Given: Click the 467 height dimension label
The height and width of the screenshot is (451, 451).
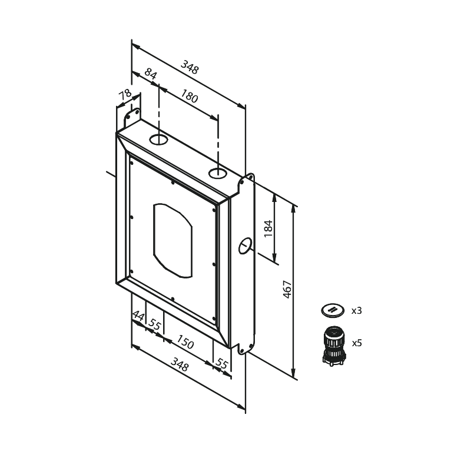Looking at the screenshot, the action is (x=287, y=289).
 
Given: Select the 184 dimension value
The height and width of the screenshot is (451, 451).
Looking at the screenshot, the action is (x=268, y=228).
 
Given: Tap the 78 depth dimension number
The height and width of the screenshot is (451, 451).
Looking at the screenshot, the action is (x=125, y=94).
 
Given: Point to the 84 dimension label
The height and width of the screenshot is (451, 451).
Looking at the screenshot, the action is (x=151, y=74).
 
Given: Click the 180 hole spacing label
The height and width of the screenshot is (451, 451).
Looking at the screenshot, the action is (x=189, y=96).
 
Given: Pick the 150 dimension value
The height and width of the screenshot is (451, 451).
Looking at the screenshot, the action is (x=185, y=341).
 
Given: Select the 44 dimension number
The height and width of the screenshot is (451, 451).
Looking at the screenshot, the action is (x=138, y=316).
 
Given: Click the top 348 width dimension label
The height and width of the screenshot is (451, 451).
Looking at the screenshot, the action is (x=190, y=67).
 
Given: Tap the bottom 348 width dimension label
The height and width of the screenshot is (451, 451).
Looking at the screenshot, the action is (x=180, y=364).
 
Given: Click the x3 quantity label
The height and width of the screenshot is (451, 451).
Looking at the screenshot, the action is (x=356, y=311).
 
